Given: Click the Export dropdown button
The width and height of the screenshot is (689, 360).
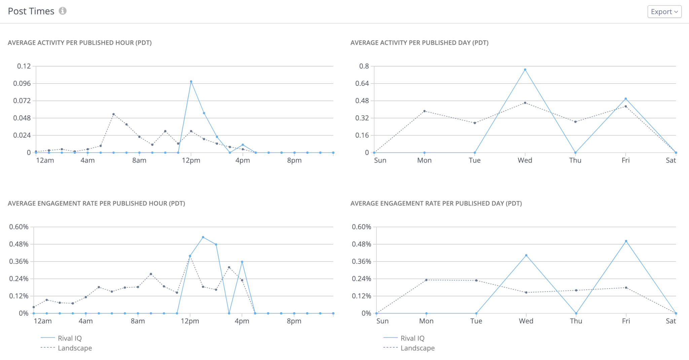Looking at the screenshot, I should click(664, 12).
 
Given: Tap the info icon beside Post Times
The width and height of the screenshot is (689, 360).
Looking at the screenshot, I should click(63, 11).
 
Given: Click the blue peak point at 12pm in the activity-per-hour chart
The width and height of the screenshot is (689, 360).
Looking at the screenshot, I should click(191, 81).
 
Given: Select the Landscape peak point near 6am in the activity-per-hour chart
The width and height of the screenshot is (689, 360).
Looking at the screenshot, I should click(113, 114).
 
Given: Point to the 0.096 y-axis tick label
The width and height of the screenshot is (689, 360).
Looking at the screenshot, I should click(22, 83).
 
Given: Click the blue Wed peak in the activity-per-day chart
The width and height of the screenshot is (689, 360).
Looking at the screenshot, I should click(525, 70).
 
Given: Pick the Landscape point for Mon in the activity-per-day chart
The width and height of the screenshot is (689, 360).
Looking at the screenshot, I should click(424, 111).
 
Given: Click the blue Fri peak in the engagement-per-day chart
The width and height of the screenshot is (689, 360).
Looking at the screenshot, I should click(626, 241).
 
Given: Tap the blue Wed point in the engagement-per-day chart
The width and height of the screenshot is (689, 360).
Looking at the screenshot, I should click(526, 255).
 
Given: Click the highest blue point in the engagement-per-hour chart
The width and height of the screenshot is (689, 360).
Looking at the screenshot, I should click(203, 237).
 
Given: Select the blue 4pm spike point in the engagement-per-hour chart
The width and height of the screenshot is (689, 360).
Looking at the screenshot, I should click(242, 262).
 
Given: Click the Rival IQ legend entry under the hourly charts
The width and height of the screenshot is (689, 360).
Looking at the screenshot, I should click(69, 338).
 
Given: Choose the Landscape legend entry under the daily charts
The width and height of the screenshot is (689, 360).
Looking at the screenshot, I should click(417, 348).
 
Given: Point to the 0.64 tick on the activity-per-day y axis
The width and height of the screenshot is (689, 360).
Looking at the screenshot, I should click(362, 83).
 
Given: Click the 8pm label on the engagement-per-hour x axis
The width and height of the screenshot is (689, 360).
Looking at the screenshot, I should click(294, 321).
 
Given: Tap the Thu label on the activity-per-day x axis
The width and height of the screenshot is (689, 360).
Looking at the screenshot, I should click(575, 160).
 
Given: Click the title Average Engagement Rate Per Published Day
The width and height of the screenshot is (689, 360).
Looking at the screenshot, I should click(436, 203).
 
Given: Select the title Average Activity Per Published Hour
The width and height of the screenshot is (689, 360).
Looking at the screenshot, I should click(80, 43).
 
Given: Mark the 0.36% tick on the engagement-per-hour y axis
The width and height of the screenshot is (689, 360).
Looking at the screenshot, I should click(19, 261).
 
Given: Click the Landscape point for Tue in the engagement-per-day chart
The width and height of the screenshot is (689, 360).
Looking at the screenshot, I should click(476, 280).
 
